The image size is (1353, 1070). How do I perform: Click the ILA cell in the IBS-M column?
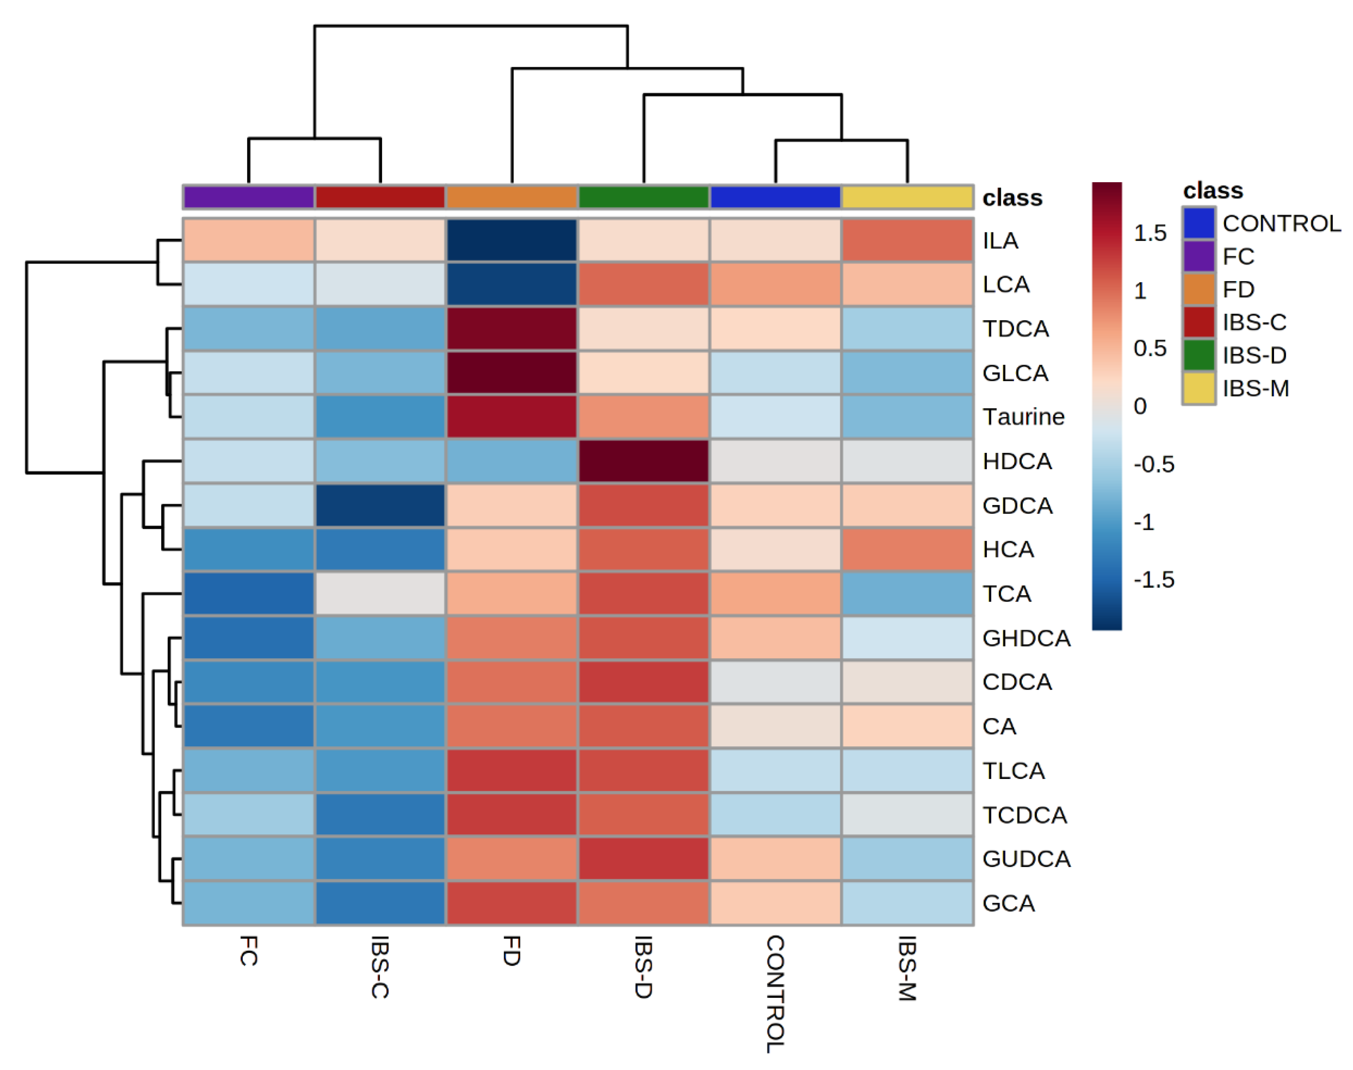coord(907,240)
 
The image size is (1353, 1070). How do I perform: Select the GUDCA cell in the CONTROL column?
coord(775,858)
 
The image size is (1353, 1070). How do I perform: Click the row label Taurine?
coord(1023,417)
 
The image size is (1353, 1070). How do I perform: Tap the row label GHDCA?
coord(1026,638)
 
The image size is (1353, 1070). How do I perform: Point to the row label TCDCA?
coord(1024,814)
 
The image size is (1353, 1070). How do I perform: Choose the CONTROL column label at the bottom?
coord(775,993)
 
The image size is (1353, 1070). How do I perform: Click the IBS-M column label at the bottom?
coord(907,968)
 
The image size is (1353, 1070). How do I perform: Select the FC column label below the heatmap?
coord(249,950)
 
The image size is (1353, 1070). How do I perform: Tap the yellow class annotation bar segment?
coord(907,197)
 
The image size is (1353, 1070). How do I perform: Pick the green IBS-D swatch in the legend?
coord(1198,355)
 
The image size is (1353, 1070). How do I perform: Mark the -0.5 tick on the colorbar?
coord(1153,464)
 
